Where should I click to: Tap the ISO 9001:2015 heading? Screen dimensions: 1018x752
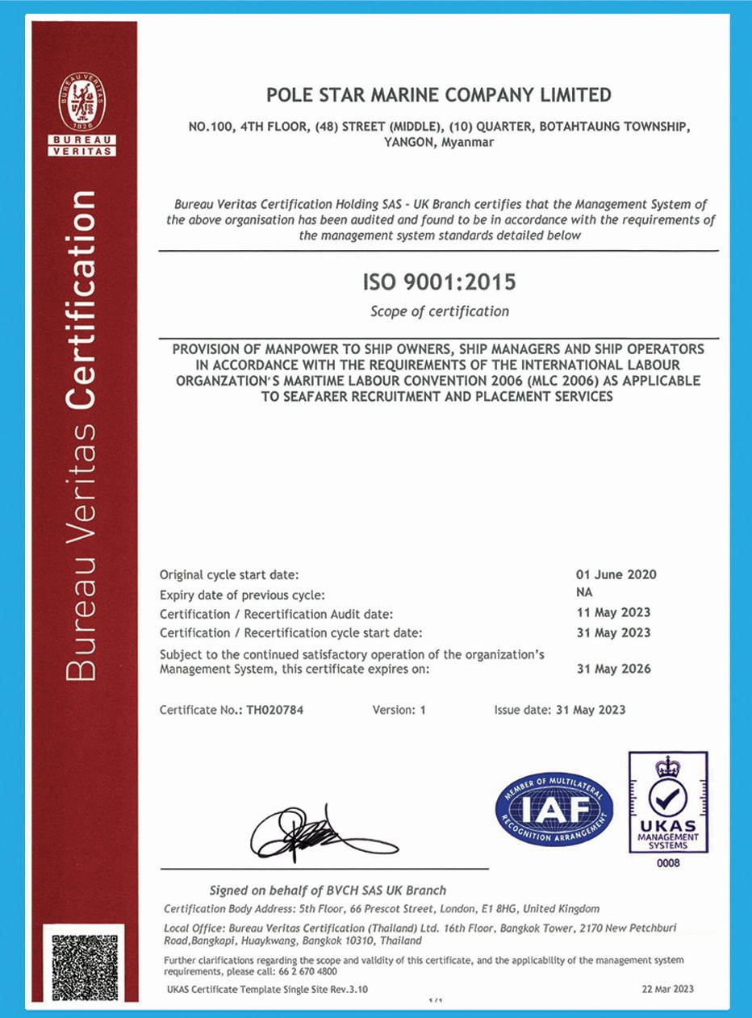click(438, 283)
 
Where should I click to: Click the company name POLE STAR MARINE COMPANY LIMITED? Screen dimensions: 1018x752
click(438, 95)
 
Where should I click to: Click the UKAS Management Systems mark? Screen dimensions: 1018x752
click(667, 803)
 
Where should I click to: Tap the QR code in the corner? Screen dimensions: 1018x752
click(85, 968)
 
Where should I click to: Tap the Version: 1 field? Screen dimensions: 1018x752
click(399, 710)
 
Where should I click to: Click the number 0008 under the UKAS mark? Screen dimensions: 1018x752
click(668, 863)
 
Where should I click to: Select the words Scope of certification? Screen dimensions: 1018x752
click(439, 311)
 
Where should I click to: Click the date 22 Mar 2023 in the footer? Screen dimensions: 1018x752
click(666, 989)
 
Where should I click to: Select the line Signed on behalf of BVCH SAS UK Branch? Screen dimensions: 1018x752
click(328, 891)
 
